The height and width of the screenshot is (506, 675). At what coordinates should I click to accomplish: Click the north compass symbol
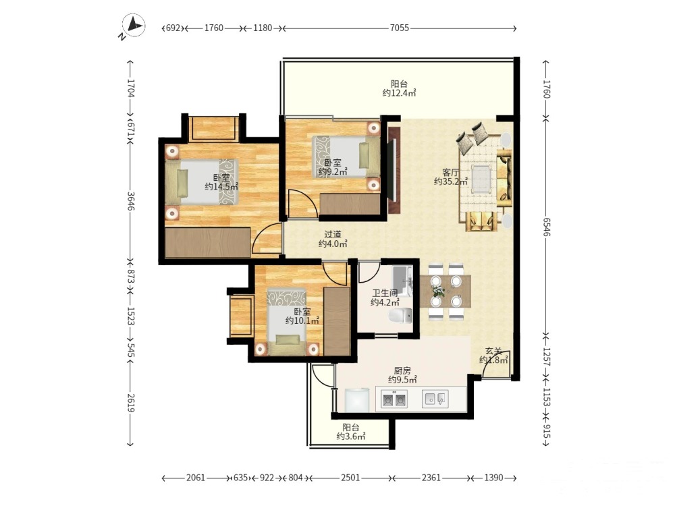[x=134, y=26]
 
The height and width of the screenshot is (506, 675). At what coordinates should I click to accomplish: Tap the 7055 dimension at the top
[x=399, y=28]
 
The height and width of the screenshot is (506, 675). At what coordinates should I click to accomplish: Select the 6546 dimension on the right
[x=546, y=226]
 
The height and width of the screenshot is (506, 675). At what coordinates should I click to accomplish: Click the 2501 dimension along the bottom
[x=350, y=478]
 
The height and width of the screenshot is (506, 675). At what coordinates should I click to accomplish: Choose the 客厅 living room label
[x=450, y=173]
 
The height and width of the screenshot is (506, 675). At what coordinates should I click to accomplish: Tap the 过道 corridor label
[x=332, y=235]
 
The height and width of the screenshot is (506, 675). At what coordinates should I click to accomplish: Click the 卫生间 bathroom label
[x=385, y=293]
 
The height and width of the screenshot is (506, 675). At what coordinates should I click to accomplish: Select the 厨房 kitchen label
[x=402, y=370]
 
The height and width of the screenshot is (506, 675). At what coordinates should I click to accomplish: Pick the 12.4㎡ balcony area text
[x=399, y=93]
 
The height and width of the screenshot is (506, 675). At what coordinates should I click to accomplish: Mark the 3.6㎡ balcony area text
[x=351, y=437]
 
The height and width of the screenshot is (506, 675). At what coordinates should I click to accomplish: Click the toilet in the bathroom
[x=400, y=315]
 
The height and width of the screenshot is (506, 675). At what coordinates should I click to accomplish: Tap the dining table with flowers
[x=446, y=291]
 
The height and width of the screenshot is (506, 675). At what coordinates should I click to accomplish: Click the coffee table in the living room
[x=482, y=179]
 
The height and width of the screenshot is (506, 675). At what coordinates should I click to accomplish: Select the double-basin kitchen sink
[x=394, y=399]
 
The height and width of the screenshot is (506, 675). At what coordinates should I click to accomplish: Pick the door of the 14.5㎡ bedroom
[x=267, y=239]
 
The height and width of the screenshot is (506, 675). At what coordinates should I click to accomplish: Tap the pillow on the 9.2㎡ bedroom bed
[x=364, y=155]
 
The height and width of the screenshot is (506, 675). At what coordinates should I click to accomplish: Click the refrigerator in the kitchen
[x=357, y=400]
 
